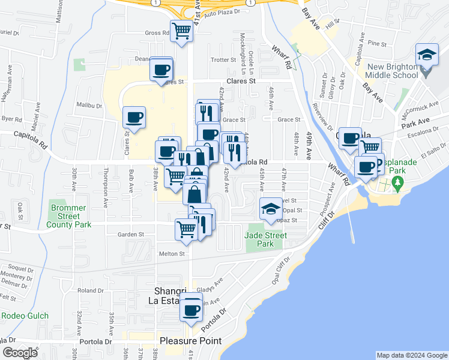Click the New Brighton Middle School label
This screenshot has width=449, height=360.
click(x=393, y=71)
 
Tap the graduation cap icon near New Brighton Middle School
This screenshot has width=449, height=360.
click(x=427, y=56)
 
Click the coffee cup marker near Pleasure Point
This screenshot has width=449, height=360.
click(x=191, y=311)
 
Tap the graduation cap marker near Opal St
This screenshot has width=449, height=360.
click(x=270, y=208)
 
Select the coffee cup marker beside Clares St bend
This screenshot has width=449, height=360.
click(x=134, y=117)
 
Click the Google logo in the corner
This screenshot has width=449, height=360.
click(x=20, y=353)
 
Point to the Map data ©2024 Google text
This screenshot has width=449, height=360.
click(x=411, y=355)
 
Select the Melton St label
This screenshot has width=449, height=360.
click(x=170, y=254)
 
